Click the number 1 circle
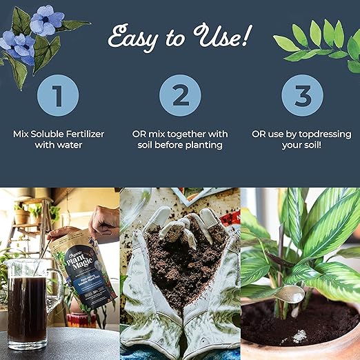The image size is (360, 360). point(59,95)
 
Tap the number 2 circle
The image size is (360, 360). point(179,95)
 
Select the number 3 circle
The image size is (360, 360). point(301,95)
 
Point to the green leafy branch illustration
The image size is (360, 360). point(317,41)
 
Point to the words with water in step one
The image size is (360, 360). point(59,146)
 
